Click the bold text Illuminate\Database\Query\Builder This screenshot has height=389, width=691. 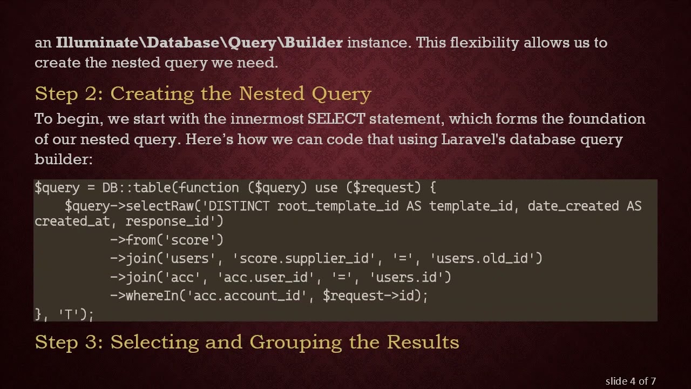199,43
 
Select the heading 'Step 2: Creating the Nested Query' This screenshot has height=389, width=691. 203,94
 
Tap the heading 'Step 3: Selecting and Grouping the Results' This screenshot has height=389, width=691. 247,342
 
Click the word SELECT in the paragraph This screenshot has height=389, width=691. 336,119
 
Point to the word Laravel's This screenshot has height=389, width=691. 473,139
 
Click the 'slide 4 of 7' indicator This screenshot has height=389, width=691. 631,381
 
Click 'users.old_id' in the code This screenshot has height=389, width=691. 485,259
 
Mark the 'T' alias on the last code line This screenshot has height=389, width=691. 69,314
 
